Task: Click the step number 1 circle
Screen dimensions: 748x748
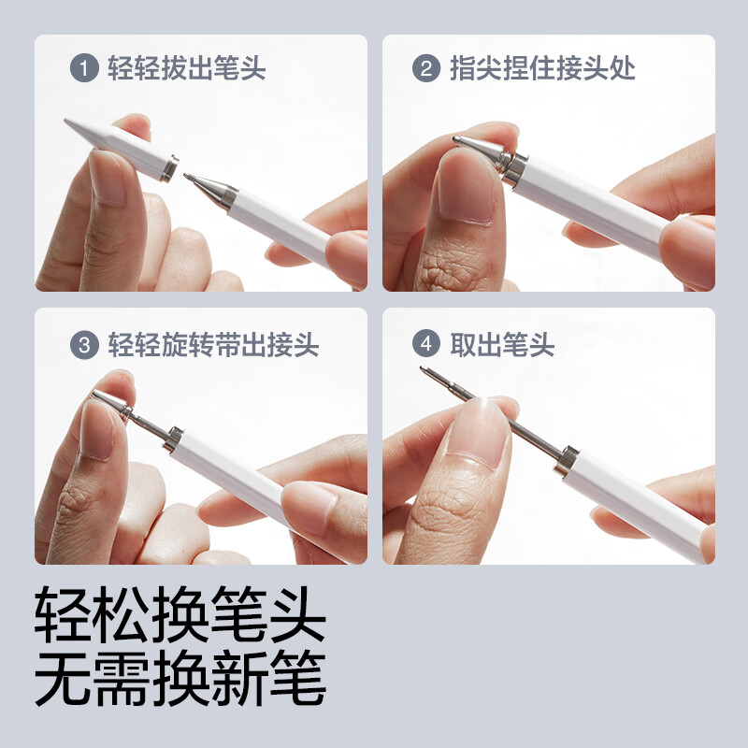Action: point(85,69)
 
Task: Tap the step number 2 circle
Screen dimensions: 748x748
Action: point(425,69)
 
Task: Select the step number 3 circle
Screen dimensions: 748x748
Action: point(85,344)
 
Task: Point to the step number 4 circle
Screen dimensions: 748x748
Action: point(425,344)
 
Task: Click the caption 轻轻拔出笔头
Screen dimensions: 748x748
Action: point(187,69)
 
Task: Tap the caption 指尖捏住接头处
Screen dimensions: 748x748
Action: point(542,69)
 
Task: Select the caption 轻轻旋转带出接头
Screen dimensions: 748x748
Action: point(213,344)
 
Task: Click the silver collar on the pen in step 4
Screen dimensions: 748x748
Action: point(567,459)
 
